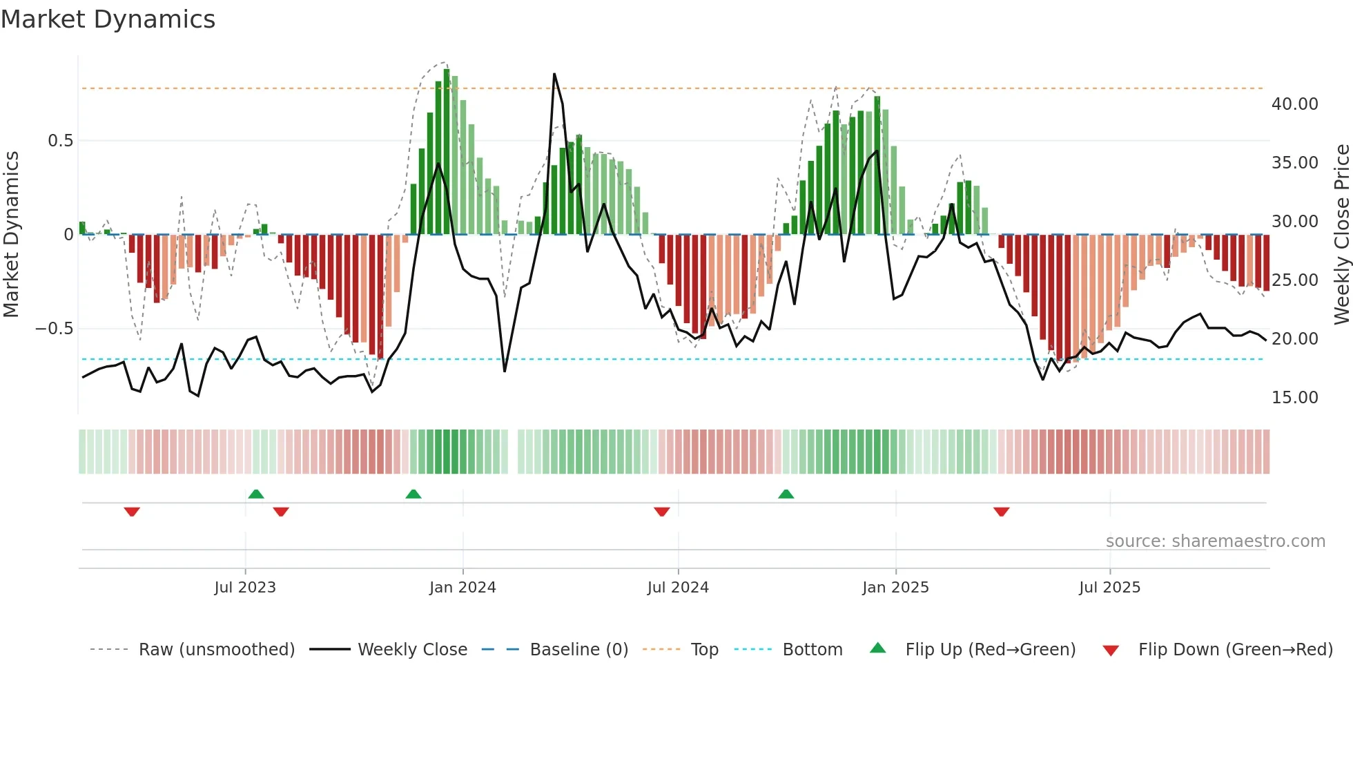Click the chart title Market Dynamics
[x=108, y=19]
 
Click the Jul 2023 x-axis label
[x=245, y=588]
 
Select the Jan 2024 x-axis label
[x=463, y=588]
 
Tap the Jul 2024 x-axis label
[x=678, y=588]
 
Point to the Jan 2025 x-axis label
[x=895, y=588]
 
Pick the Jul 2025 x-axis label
[x=1109, y=588]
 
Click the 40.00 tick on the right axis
[x=1294, y=104]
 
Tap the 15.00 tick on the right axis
[x=1294, y=398]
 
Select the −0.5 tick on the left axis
[x=55, y=329]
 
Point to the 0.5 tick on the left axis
[x=60, y=141]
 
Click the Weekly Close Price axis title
[x=1341, y=234]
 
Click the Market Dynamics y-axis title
[x=11, y=234]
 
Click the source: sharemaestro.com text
[x=1215, y=541]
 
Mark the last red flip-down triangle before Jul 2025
[x=1002, y=512]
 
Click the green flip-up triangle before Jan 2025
[x=786, y=494]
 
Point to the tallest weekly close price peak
[x=554, y=75]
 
